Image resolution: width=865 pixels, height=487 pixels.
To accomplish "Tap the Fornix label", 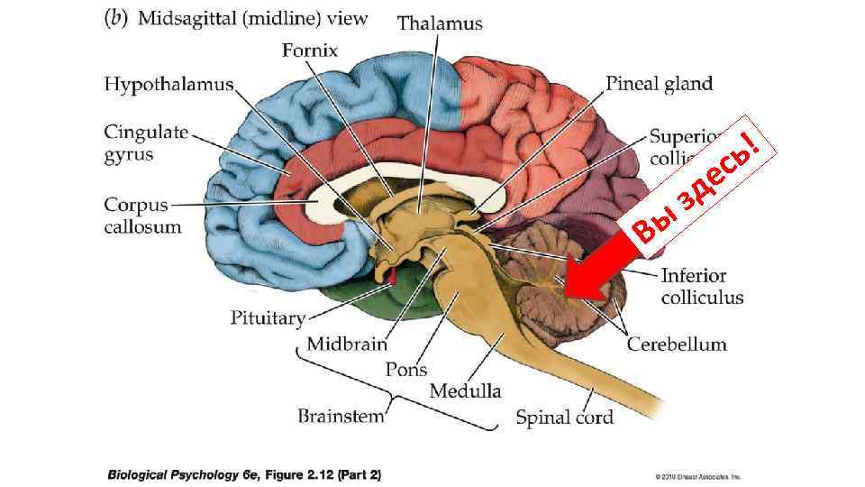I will tap(309, 51).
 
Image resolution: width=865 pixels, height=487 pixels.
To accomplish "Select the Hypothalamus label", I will tap(168, 85).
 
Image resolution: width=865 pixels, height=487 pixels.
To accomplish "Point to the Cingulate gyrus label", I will tap(145, 142).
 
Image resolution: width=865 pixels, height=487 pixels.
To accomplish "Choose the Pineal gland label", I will tap(659, 85).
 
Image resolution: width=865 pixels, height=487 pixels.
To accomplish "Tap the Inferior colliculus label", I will tap(702, 286).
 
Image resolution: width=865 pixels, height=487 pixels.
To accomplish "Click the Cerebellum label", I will tap(677, 344).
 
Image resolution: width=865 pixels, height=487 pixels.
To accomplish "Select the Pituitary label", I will tap(268, 317).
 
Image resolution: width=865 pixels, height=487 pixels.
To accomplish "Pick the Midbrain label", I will tap(346, 344).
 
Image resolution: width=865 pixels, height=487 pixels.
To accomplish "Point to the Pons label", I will tap(405, 369).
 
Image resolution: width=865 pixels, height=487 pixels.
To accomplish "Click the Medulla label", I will tap(465, 391).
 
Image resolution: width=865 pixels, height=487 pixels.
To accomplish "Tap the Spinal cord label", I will tap(564, 417).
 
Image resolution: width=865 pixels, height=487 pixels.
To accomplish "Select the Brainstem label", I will tap(341, 416).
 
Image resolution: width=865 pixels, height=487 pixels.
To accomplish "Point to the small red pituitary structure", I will tap(392, 273).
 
